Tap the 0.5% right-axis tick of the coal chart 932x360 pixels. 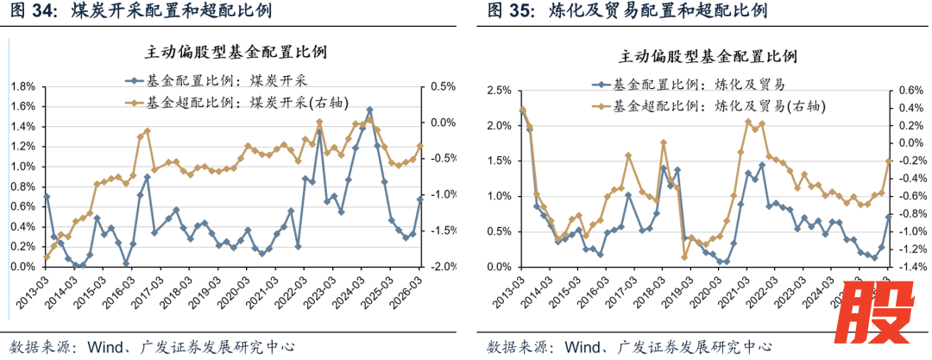tap(443, 86)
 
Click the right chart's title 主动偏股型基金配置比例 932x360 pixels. tap(707, 57)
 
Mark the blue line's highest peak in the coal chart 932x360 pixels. tap(369, 110)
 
